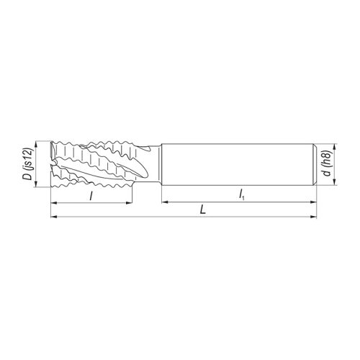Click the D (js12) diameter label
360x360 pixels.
27,166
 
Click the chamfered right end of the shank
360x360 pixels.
313,164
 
